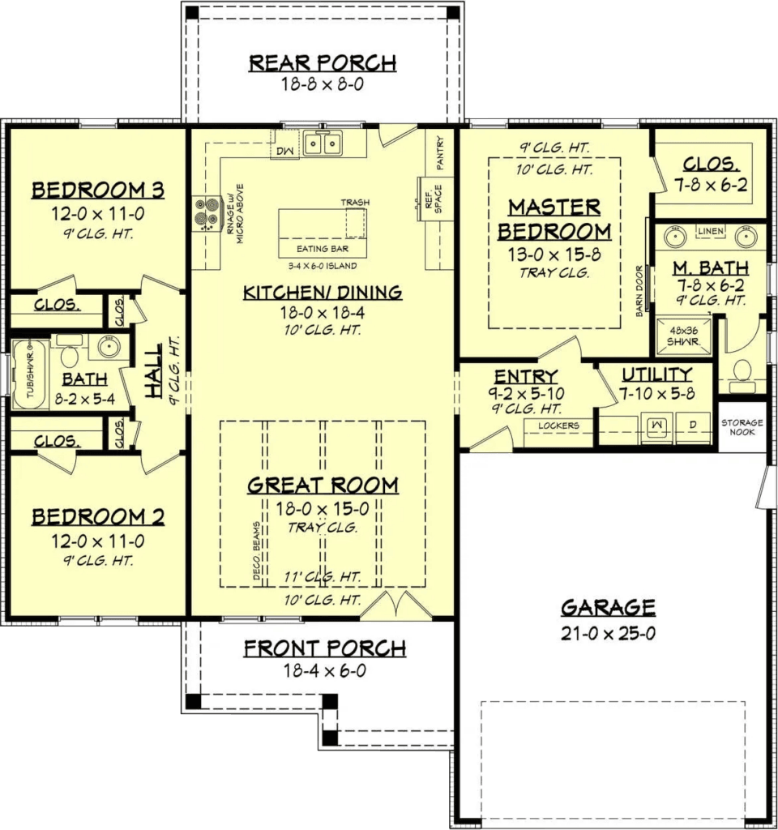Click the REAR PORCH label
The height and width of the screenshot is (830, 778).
click(322, 63)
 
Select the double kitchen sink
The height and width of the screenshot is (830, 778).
click(323, 144)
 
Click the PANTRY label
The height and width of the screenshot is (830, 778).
click(441, 152)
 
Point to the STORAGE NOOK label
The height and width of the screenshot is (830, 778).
click(742, 427)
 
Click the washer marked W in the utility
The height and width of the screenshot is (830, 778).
click(657, 425)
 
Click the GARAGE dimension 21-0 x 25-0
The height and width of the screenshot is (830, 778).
click(608, 633)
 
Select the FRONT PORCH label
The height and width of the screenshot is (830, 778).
click(324, 648)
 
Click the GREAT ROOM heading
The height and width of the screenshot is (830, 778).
click(323, 486)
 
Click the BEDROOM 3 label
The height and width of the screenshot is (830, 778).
click(97, 191)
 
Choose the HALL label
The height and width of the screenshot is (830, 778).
click(153, 370)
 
